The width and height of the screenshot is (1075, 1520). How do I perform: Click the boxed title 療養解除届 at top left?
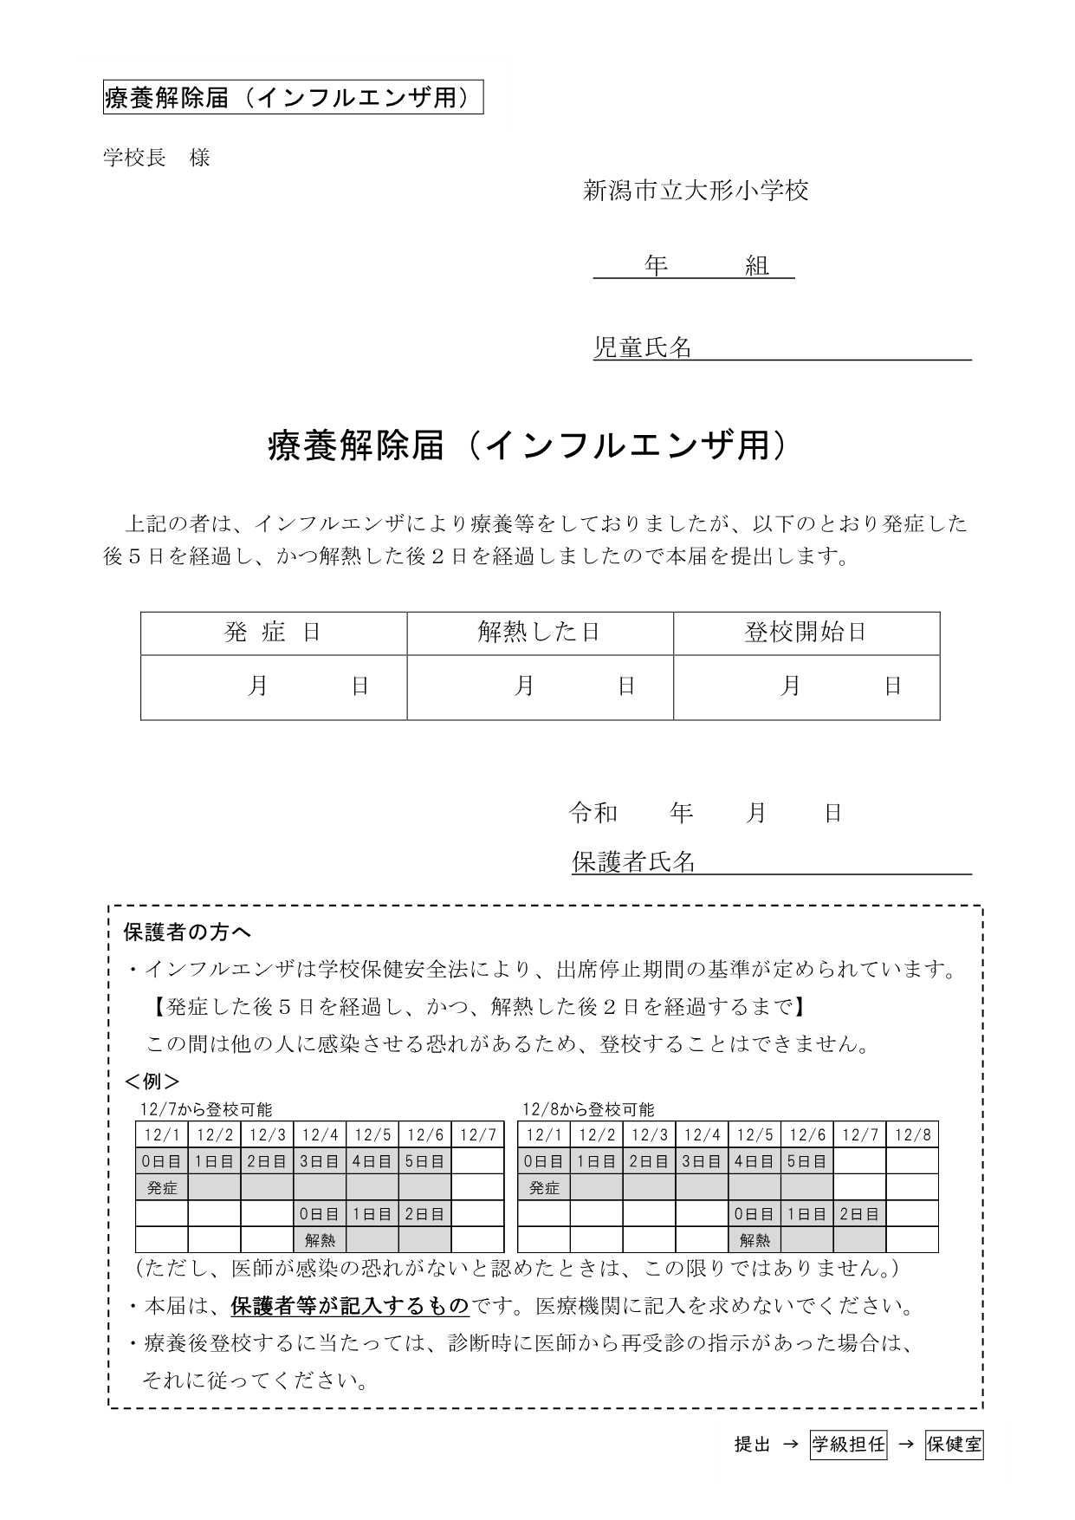pyautogui.click(x=292, y=98)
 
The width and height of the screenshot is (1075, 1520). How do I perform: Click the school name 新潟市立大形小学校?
pyautogui.click(x=696, y=191)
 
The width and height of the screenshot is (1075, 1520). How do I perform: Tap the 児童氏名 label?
pyautogui.click(x=642, y=348)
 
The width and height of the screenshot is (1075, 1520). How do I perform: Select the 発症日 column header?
pyautogui.click(x=273, y=633)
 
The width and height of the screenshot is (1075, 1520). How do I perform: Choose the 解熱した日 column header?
pyautogui.click(x=539, y=633)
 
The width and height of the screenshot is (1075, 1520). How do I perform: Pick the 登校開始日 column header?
pyautogui.click(x=806, y=633)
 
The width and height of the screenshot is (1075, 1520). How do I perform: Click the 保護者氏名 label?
pyautogui.click(x=633, y=861)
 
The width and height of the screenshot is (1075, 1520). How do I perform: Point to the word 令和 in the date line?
pyautogui.click(x=593, y=813)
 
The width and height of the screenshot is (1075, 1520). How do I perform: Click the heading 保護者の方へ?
pyautogui.click(x=187, y=932)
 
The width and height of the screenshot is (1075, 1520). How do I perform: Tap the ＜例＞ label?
pyautogui.click(x=152, y=1082)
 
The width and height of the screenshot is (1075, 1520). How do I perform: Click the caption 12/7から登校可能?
pyautogui.click(x=206, y=1109)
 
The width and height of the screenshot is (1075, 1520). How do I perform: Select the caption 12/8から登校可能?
pyautogui.click(x=588, y=1109)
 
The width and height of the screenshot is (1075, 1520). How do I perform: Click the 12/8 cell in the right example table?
pyautogui.click(x=912, y=1135)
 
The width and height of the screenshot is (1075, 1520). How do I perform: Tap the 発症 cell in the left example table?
pyautogui.click(x=162, y=1188)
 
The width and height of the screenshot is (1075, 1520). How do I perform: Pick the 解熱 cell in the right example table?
pyautogui.click(x=754, y=1240)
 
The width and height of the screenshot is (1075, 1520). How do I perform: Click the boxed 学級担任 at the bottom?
pyautogui.click(x=848, y=1445)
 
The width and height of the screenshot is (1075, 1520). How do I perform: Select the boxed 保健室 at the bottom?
pyautogui.click(x=955, y=1445)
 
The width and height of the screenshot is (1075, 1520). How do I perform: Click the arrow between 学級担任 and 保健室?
pyautogui.click(x=906, y=1445)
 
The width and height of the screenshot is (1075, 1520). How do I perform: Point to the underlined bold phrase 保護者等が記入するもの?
pyautogui.click(x=349, y=1306)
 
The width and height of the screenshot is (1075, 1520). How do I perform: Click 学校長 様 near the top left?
pyautogui.click(x=157, y=158)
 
